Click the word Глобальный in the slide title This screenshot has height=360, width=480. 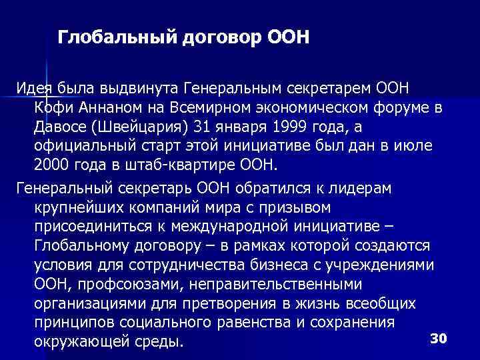115,37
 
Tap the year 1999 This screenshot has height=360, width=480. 267,127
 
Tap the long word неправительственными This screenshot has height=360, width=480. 275,285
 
